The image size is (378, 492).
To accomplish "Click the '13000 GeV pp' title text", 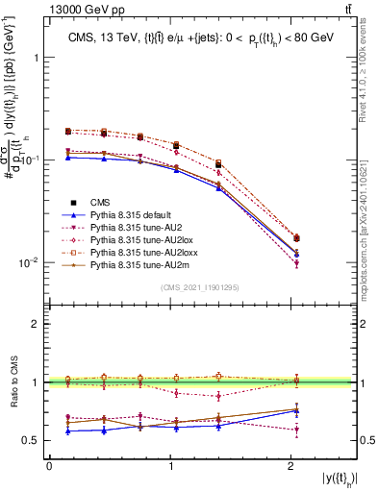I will [82, 9].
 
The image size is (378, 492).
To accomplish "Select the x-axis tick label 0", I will [49, 465].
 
